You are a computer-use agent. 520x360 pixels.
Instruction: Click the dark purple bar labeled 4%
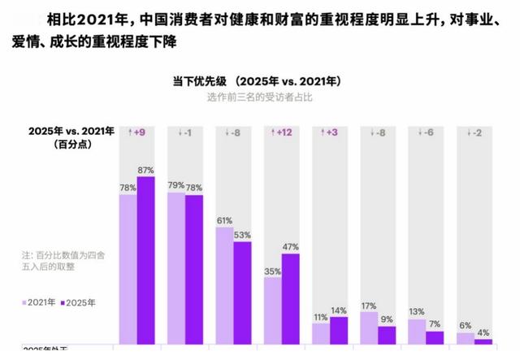point(483,342)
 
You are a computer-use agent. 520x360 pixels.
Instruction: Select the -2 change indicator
point(474,132)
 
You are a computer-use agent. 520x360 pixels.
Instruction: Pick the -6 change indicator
point(426,132)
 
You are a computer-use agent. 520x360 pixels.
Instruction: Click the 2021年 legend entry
point(41,302)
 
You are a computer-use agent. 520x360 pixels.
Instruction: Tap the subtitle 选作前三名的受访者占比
point(260,98)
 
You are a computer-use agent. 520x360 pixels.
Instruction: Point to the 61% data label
point(224,220)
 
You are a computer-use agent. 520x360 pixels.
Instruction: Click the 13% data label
point(417,312)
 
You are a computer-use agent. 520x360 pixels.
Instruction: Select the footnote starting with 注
point(69,260)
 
